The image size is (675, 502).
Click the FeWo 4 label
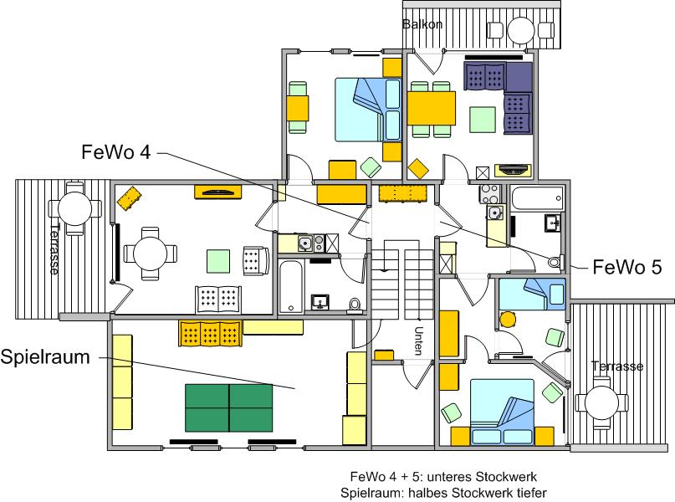pyautogui.click(x=116, y=152)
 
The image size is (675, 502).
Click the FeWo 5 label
pyautogui.click(x=627, y=268)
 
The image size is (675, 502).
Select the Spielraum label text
pyautogui.click(x=45, y=357)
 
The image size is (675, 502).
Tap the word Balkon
pyautogui.click(x=422, y=24)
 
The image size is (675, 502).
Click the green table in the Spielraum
pyautogui.click(x=228, y=407)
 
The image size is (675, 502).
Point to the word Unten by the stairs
pyautogui.click(x=418, y=341)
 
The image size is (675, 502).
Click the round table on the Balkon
pyautogui.click(x=521, y=30)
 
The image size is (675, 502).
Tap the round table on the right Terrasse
pyautogui.click(x=601, y=403)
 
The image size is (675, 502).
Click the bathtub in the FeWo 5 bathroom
pyautogui.click(x=537, y=198)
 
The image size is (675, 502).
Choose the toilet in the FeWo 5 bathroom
pyautogui.click(x=556, y=261)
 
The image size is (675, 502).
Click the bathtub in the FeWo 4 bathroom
pyautogui.click(x=291, y=286)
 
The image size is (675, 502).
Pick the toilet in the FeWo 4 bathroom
pyautogui.click(x=355, y=305)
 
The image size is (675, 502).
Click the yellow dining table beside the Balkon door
pyautogui.click(x=432, y=108)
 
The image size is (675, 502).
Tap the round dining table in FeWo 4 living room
pyautogui.click(x=151, y=254)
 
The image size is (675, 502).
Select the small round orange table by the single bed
pyautogui.click(x=508, y=319)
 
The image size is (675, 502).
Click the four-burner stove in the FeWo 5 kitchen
pyautogui.click(x=490, y=194)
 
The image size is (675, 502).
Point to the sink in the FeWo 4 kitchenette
pyautogui.click(x=304, y=243)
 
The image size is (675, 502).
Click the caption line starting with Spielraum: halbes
pyautogui.click(x=443, y=492)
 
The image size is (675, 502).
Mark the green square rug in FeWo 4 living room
pyautogui.click(x=218, y=261)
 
